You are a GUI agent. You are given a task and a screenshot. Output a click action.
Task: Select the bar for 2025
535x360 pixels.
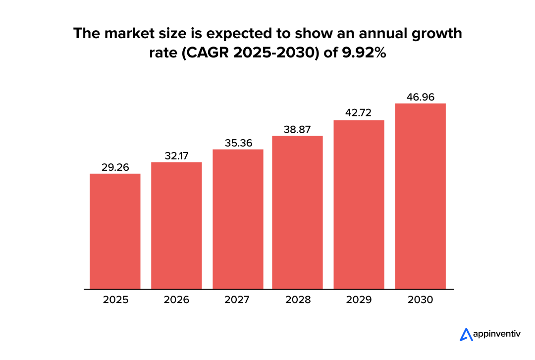point(115,231)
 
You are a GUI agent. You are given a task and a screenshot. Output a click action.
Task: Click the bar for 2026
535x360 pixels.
point(176,225)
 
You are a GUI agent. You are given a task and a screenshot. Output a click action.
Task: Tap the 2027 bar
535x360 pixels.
point(238,219)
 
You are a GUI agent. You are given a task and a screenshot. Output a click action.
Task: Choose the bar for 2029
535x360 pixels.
point(359,205)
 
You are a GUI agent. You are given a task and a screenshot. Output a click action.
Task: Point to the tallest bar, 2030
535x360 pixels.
point(421,196)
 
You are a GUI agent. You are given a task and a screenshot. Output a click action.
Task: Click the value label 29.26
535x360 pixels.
point(115,167)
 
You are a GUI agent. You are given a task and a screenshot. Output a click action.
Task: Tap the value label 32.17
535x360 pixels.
point(177,156)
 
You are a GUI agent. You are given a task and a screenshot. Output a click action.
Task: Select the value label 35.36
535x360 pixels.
point(238,143)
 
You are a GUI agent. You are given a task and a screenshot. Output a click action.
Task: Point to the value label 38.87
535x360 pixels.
point(298,129)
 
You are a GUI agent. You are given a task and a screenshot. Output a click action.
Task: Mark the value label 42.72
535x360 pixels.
point(359,113)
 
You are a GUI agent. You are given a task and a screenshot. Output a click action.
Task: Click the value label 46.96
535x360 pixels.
point(421,97)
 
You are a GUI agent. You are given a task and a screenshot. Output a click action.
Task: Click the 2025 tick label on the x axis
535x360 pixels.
point(115,300)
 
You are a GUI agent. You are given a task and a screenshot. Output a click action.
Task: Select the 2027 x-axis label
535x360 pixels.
point(238,300)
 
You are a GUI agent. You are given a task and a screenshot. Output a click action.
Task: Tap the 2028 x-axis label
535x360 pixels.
point(298,300)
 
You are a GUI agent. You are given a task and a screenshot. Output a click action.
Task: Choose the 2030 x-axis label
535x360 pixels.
point(421,300)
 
